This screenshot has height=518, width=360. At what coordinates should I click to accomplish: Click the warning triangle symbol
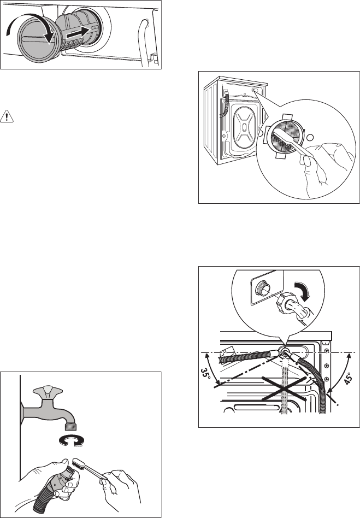click(7, 116)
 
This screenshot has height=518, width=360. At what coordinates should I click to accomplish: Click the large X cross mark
click(284, 388)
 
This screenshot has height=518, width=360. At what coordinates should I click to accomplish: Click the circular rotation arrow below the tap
click(71, 440)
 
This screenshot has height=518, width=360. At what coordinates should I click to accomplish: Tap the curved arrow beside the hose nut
click(302, 291)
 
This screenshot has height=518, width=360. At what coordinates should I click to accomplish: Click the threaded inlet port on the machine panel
click(261, 289)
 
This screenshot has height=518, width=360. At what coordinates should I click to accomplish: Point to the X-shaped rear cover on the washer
click(244, 127)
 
